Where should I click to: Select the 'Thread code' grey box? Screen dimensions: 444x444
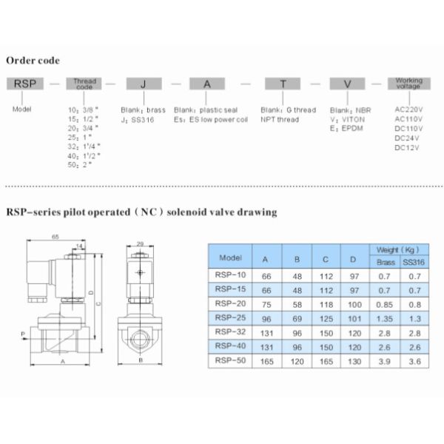pyautogui.click(x=85, y=85)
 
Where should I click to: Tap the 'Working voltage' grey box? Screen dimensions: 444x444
pyautogui.click(x=409, y=83)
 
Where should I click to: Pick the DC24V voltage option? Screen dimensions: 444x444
pyautogui.click(x=408, y=138)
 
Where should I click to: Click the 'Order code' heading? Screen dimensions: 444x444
pyautogui.click(x=33, y=60)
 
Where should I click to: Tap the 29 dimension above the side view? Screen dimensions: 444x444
pyautogui.click(x=140, y=243)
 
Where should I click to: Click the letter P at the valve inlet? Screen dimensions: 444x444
pyautogui.click(x=22, y=334)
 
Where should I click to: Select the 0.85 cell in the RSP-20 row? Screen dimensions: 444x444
pyautogui.click(x=386, y=303)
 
